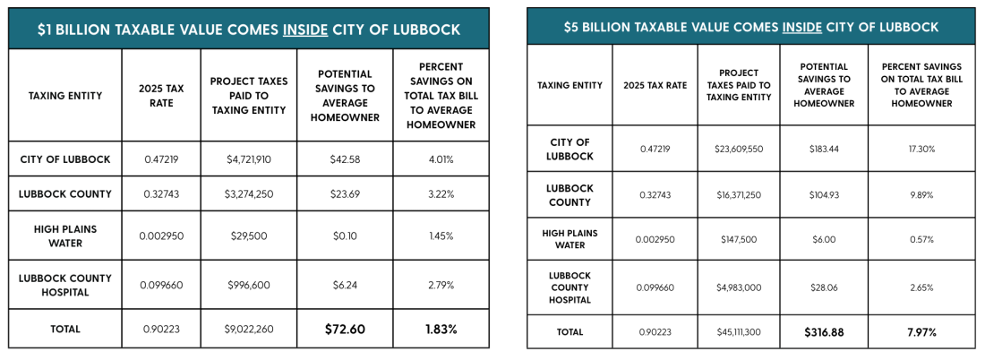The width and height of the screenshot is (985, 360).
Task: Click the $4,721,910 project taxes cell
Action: [249, 159]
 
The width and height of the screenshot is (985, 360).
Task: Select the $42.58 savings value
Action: [345, 159]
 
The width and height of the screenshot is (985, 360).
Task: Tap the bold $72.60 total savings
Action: [345, 329]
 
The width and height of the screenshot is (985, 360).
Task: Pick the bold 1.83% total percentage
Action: [441, 329]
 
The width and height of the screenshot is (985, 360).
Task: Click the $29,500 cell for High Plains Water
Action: [249, 236]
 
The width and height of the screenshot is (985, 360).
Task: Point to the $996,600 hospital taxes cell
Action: [249, 285]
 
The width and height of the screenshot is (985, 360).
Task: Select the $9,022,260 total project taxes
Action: [249, 329]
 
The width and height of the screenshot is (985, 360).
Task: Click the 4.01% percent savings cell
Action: [441, 159]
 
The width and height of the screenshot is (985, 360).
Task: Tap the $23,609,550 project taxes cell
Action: [738, 149]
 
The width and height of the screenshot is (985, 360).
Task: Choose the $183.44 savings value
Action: [824, 149]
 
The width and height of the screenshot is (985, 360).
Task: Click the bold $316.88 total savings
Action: [824, 331]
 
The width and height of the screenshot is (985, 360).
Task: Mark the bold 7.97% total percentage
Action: [921, 331]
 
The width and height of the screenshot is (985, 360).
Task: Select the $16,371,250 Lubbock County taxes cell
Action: [738, 195]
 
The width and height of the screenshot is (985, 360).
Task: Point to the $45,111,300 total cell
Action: [738, 331]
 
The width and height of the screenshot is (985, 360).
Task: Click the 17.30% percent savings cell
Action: [921, 149]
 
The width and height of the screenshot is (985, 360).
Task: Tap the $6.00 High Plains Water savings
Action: [824, 239]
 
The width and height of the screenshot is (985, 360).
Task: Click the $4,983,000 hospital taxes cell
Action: [738, 287]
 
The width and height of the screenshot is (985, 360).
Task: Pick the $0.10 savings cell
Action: [345, 236]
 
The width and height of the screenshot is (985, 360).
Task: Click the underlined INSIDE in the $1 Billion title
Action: [305, 30]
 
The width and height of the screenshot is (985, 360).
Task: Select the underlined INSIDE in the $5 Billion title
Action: [801, 27]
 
